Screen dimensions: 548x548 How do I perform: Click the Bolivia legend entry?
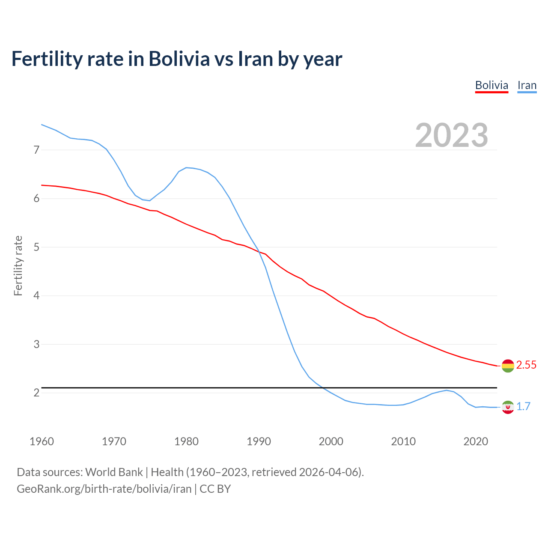click(491, 85)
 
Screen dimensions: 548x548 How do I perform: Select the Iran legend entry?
click(527, 85)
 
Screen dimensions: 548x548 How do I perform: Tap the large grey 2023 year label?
click(452, 135)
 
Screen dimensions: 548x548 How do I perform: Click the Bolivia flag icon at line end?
click(507, 366)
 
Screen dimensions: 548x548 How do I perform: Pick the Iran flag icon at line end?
click(507, 407)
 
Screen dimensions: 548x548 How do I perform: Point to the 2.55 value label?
click(526, 365)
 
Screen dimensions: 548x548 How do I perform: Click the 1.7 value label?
click(523, 406)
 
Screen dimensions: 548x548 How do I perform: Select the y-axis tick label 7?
click(36, 150)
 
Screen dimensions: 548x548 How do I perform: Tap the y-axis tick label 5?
click(36, 247)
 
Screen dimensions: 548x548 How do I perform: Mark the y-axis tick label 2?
click(36, 393)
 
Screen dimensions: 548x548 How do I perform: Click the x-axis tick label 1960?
click(42, 441)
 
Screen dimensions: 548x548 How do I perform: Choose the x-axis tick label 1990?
click(259, 441)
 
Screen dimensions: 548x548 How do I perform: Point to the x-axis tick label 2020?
click(476, 441)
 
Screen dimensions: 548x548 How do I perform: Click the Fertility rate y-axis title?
click(18, 265)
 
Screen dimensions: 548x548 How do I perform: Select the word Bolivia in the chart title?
click(179, 59)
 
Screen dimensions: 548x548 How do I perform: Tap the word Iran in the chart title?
click(255, 59)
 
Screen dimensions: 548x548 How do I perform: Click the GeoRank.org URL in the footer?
click(104, 488)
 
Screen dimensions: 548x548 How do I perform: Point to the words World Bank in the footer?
click(114, 472)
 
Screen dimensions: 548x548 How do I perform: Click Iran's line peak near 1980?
click(186, 167)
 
